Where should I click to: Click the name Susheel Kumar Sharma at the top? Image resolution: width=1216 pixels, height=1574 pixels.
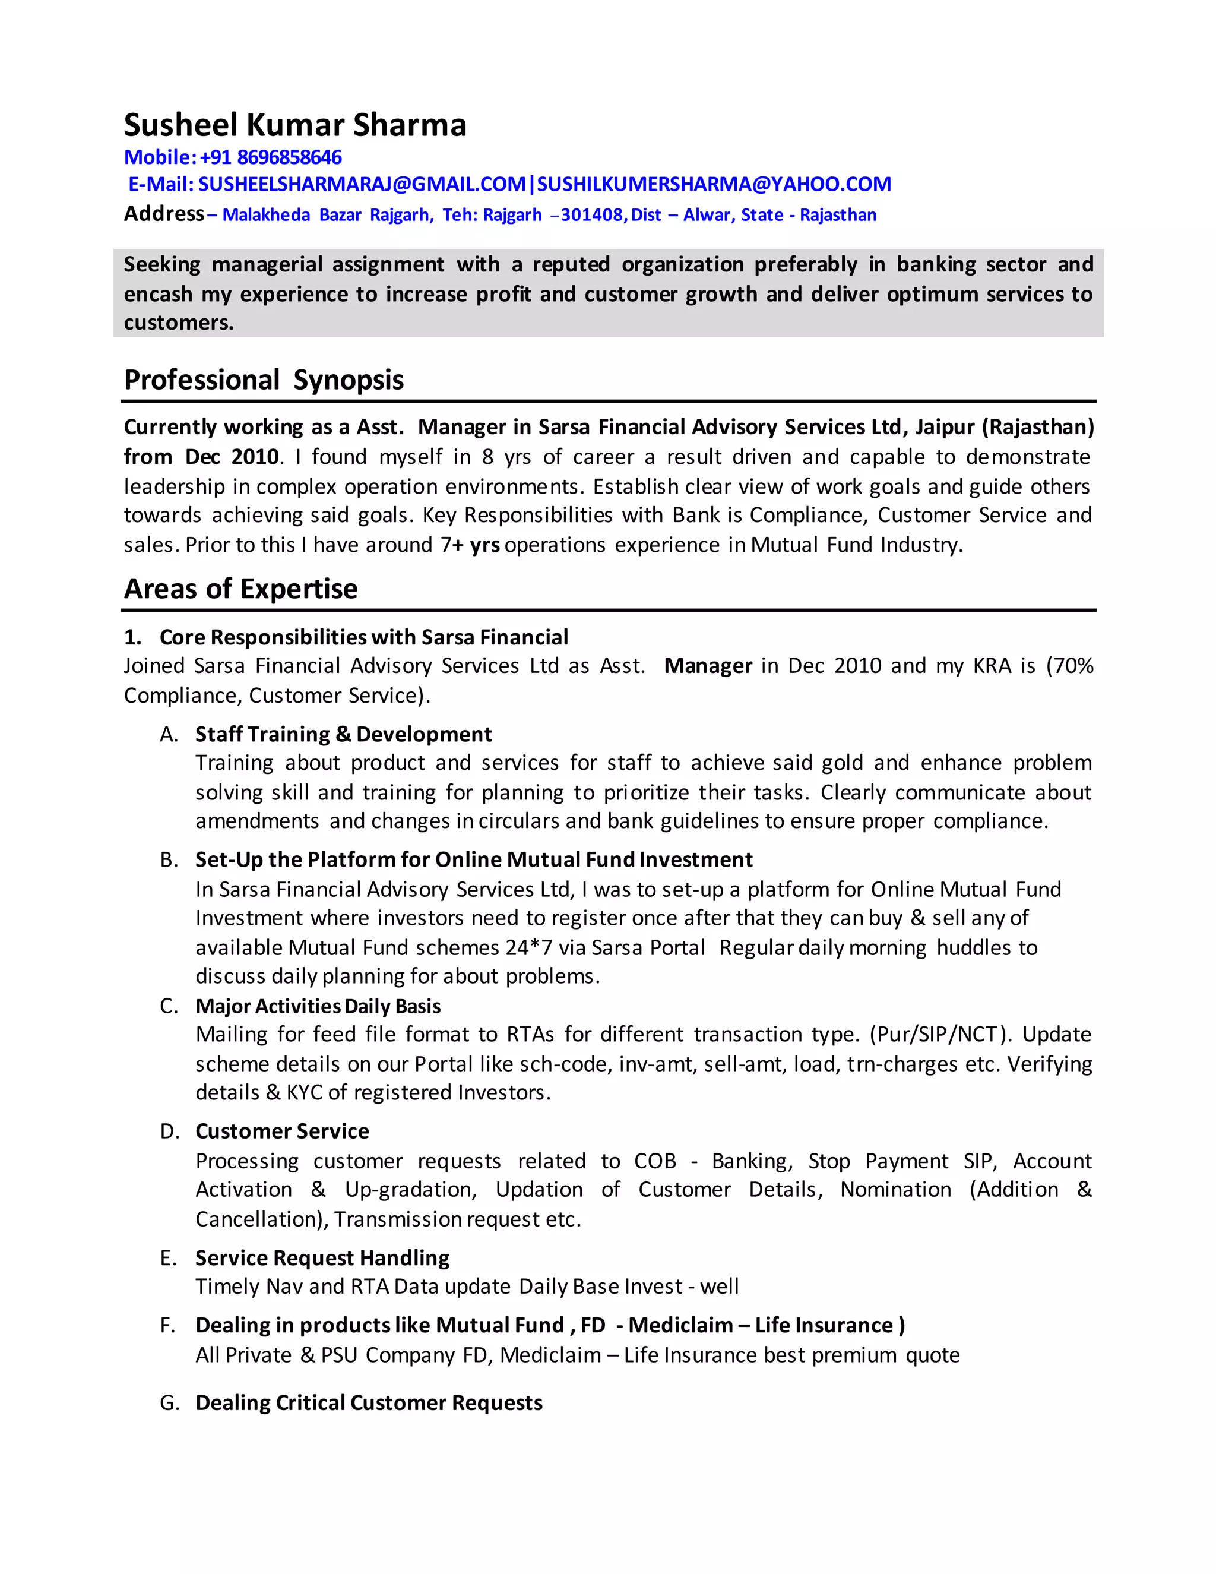point(294,125)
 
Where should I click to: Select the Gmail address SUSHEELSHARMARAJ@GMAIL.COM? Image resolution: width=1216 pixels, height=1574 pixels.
point(362,185)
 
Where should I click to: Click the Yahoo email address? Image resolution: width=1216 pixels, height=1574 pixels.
point(713,185)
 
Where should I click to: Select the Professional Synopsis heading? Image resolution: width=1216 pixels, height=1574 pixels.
point(263,380)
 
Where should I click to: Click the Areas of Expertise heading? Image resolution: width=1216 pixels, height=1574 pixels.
point(240,589)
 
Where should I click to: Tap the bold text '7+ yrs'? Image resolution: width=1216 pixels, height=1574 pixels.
point(470,545)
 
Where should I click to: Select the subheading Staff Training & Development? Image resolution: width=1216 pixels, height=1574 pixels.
point(343,734)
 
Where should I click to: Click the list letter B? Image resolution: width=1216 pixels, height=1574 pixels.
point(168,860)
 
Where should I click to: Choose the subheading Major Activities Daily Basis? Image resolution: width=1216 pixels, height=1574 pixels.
point(318,1006)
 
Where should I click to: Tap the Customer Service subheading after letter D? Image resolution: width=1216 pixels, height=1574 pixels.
point(281,1131)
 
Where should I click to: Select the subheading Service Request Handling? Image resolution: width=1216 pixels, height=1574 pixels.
point(322,1257)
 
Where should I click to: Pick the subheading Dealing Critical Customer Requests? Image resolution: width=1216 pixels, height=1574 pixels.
point(369,1402)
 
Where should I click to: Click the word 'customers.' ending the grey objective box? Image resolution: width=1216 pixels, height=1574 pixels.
point(179,323)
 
